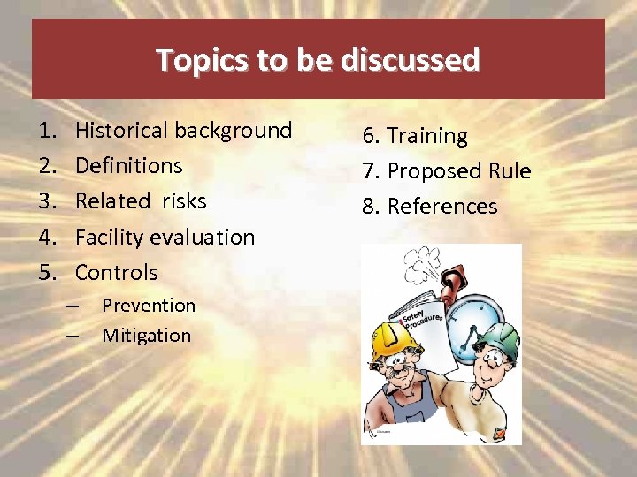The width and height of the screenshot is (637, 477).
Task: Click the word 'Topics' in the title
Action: pyautogui.click(x=193, y=60)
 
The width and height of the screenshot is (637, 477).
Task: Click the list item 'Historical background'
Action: pyautogui.click(x=183, y=131)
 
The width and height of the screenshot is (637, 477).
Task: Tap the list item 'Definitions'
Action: pyautogui.click(x=128, y=166)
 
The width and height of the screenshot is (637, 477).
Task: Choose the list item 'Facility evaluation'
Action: pyautogui.click(x=165, y=237)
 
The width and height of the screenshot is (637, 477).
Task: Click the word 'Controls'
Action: pyautogui.click(x=116, y=273)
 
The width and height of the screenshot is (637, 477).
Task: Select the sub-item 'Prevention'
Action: pyautogui.click(x=149, y=306)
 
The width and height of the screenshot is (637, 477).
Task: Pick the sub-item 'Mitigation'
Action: pyautogui.click(x=146, y=336)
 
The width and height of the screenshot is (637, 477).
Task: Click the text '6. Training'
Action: pyautogui.click(x=414, y=136)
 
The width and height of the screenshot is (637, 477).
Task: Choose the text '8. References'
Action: pyautogui.click(x=429, y=207)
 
